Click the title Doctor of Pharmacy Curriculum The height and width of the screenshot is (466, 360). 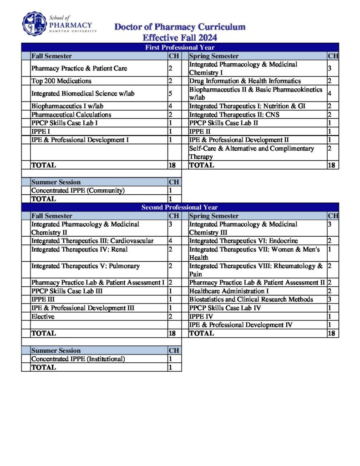[x=180, y=27]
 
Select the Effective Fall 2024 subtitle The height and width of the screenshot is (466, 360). [x=180, y=37]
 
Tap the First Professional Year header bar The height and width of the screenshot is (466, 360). [x=180, y=47]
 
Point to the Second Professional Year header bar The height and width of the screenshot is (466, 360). [x=180, y=207]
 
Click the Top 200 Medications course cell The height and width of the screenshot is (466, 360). [x=61, y=81]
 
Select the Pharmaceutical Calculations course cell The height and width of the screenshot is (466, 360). [x=71, y=115]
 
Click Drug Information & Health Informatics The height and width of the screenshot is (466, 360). [x=245, y=81]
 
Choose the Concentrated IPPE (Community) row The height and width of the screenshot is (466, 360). [x=78, y=191]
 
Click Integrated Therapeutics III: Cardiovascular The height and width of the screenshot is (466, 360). [x=92, y=241]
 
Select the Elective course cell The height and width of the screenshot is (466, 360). [x=43, y=317]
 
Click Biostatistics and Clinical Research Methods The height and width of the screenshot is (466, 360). [x=251, y=299]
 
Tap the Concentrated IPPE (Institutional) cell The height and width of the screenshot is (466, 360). [x=78, y=359]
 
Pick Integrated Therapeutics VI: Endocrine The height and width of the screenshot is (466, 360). [x=243, y=241]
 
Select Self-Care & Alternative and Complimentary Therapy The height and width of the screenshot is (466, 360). [x=251, y=152]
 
